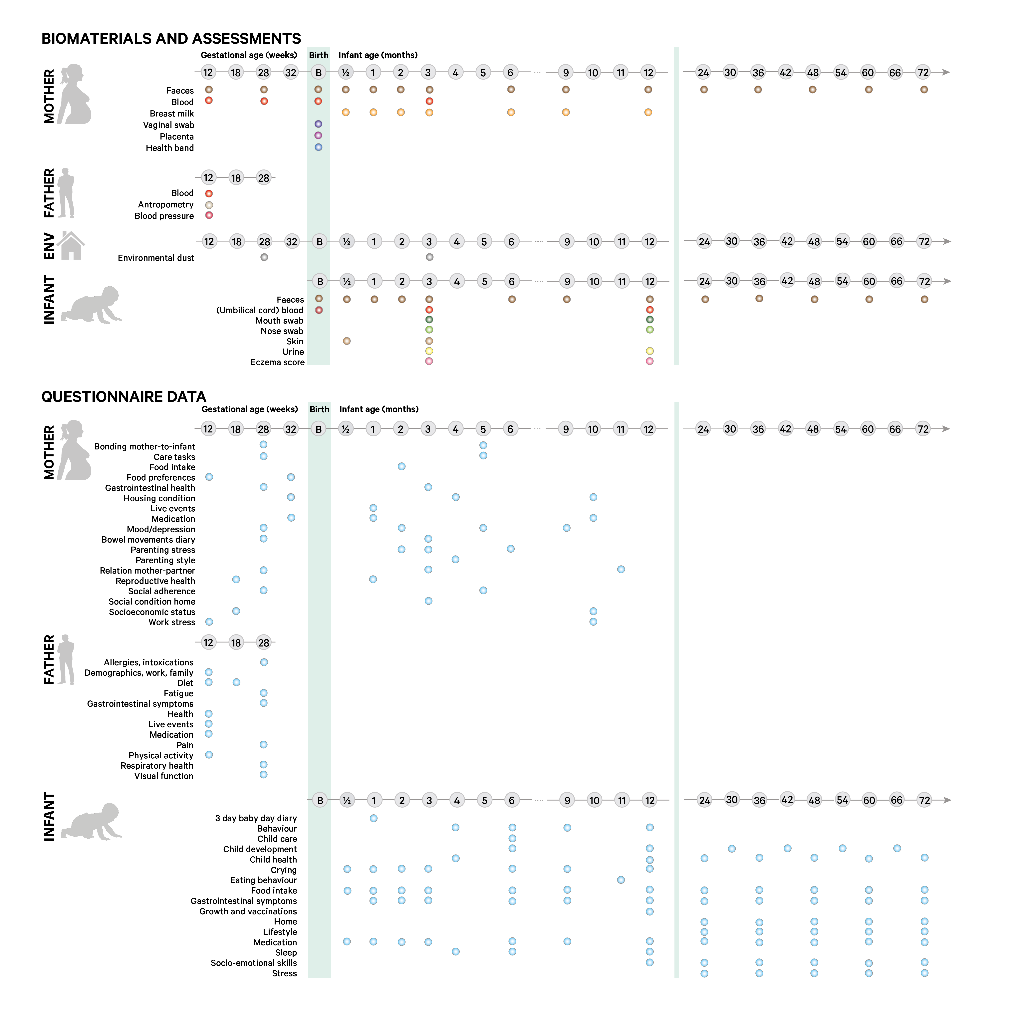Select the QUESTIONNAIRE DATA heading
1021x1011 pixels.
(x=124, y=397)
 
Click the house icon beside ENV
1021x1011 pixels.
(x=71, y=246)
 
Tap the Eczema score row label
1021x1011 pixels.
(x=277, y=362)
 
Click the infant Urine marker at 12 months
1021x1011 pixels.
(x=650, y=351)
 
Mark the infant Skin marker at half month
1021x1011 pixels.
(x=347, y=341)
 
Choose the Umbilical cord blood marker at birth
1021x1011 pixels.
(x=319, y=310)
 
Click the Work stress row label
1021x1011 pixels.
(x=172, y=622)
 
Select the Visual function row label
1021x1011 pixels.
(x=164, y=776)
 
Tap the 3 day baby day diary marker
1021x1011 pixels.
(x=374, y=818)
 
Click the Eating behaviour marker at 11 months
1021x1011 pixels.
(x=621, y=880)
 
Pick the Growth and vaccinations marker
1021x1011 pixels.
(x=650, y=912)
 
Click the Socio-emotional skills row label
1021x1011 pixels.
(x=254, y=963)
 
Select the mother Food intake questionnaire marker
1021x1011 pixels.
(x=402, y=466)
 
